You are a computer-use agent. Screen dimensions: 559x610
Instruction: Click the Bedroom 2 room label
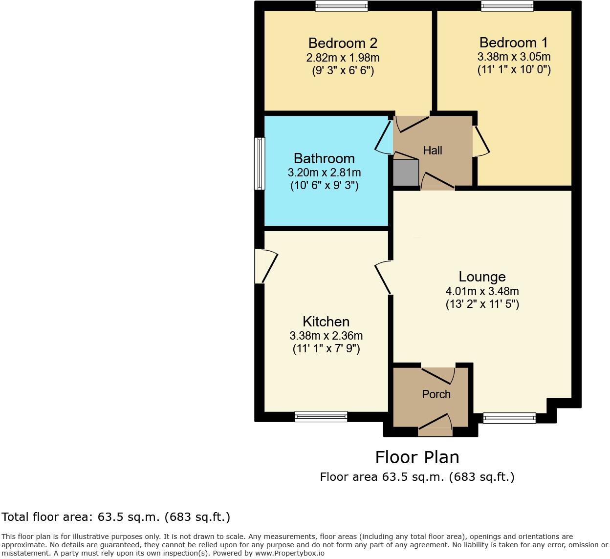coord(343,43)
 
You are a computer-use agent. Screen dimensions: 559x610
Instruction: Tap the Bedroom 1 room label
coord(514,43)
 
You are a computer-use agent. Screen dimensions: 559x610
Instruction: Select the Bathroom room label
coord(324,158)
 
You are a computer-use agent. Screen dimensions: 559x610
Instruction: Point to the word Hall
coord(433,150)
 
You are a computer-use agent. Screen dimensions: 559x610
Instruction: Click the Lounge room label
coord(482,277)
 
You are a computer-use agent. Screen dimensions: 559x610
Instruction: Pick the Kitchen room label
coord(326,322)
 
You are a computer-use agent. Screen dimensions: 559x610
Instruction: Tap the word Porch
coord(436,394)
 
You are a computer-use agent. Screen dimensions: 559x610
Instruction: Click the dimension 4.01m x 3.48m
coord(482,291)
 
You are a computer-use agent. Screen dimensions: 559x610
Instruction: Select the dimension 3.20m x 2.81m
coord(324,172)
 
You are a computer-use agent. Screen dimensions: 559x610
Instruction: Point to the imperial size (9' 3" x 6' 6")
coord(343,71)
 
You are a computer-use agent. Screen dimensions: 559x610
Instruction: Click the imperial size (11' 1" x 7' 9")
coord(326,349)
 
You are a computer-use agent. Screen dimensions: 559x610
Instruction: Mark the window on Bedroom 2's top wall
coord(341,6)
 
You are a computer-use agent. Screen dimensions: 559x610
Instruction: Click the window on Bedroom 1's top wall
coord(507,6)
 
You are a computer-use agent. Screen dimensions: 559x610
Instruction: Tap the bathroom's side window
coord(260,163)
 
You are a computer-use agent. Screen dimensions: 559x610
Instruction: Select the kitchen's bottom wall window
coord(321,417)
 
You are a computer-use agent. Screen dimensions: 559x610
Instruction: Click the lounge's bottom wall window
coord(509,418)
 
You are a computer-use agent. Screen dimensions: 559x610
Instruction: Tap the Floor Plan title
coord(417,457)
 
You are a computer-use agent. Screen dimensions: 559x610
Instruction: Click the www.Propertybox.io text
coord(289,553)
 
